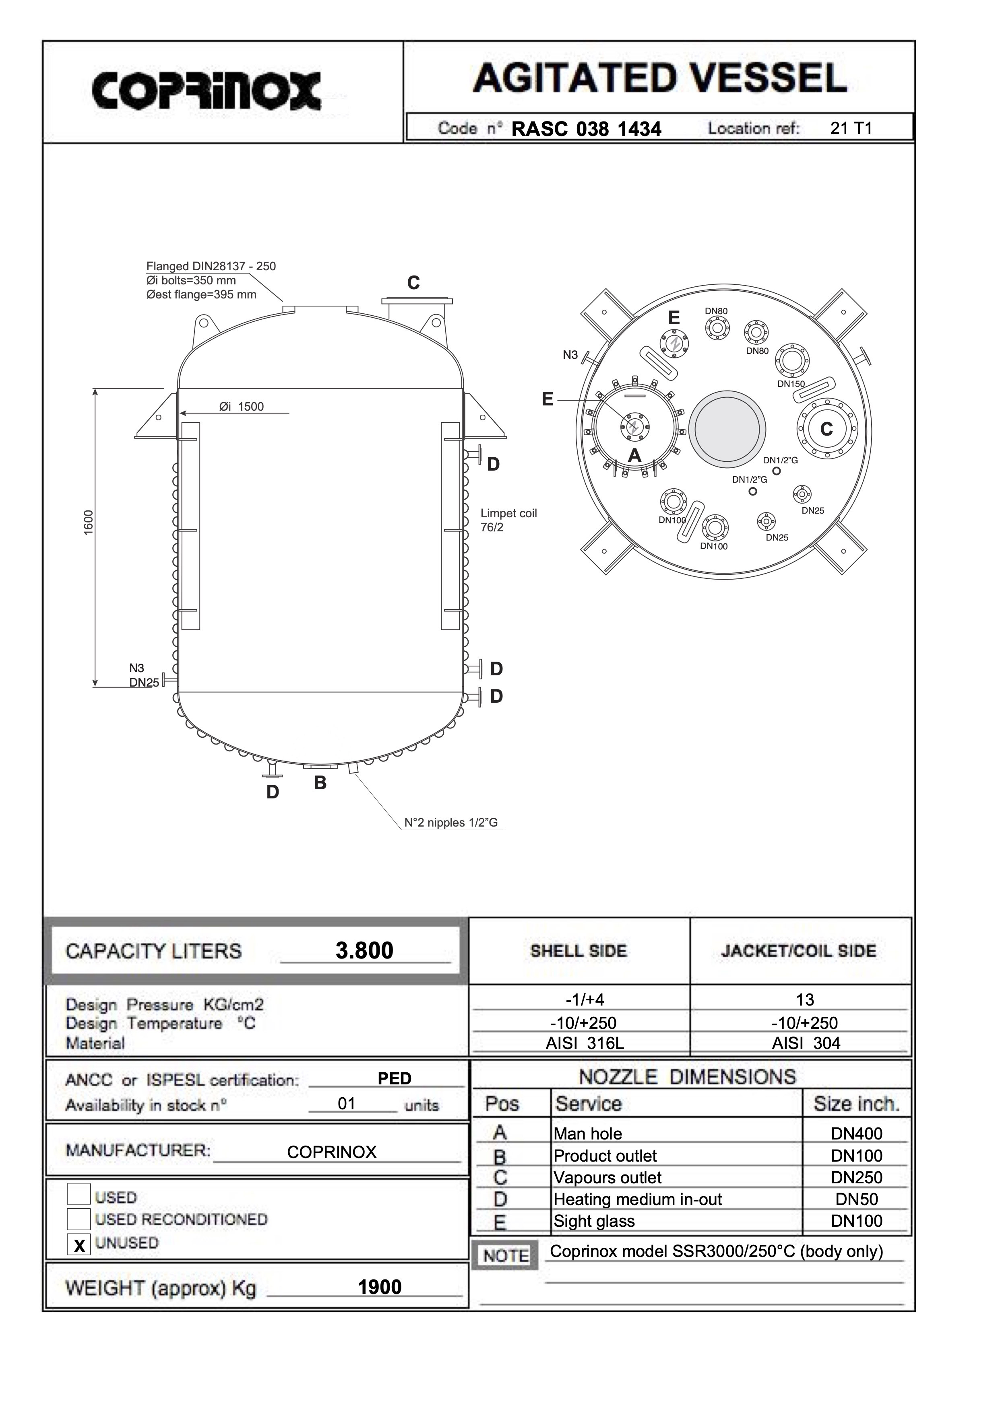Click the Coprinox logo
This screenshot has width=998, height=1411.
207,91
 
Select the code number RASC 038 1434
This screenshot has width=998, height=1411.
586,129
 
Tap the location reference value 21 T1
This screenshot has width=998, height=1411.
851,128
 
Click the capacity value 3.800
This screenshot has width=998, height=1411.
364,951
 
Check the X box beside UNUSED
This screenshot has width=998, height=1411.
79,1245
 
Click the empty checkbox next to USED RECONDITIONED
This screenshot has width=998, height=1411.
79,1219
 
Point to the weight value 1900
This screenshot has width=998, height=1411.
379,1287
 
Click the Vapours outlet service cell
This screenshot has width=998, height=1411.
607,1177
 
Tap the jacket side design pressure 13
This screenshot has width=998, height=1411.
804,1000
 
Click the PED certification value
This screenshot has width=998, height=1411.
394,1078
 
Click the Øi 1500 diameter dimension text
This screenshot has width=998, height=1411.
242,406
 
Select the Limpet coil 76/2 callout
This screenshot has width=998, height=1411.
508,520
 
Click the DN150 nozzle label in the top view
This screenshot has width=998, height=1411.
791,384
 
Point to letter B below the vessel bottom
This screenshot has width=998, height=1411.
320,783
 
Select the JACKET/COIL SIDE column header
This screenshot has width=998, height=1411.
798,951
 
